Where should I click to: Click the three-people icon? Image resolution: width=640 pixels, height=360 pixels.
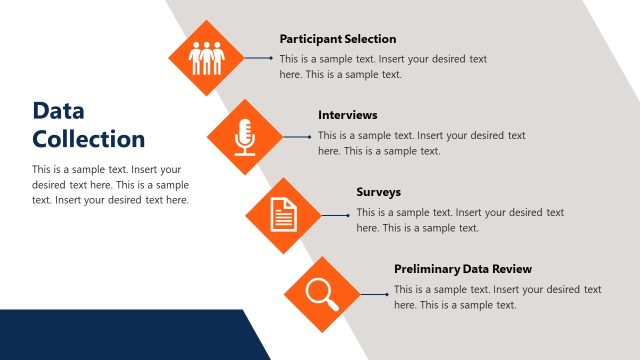click(207, 58)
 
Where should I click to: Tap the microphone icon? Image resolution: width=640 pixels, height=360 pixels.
click(245, 135)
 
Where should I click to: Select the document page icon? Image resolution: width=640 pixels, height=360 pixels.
click(284, 212)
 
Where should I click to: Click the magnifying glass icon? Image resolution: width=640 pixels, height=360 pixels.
click(321, 292)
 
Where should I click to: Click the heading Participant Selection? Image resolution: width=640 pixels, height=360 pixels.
click(338, 39)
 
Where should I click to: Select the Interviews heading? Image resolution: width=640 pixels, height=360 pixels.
click(348, 115)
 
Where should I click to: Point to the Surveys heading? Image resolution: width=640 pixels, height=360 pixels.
click(378, 191)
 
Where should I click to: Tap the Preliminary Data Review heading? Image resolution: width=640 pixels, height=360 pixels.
click(463, 269)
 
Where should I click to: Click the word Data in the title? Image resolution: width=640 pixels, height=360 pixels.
click(58, 110)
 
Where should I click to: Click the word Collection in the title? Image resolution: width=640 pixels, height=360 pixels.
click(89, 139)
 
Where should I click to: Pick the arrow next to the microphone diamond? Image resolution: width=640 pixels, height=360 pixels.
click(297, 135)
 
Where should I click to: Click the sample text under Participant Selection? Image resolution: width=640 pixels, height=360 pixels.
click(383, 66)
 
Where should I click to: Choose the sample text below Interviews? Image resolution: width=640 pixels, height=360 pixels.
click(421, 143)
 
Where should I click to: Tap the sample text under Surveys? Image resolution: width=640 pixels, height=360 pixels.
click(460, 220)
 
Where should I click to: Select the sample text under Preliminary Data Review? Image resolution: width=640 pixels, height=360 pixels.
click(497, 297)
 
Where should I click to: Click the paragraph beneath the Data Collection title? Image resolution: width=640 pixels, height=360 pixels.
click(110, 185)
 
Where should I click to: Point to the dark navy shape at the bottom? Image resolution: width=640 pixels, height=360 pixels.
click(120, 335)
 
